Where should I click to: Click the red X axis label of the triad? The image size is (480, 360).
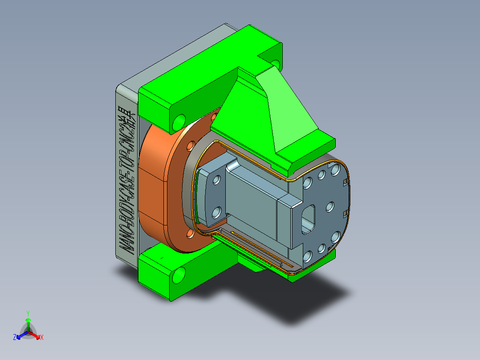coord(42,338)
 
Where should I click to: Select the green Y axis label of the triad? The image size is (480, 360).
coord(28,313)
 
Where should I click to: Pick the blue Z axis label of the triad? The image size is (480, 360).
coord(15,337)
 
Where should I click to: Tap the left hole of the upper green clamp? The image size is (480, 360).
coord(179,121)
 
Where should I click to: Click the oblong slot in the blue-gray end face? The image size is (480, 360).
coord(308,218)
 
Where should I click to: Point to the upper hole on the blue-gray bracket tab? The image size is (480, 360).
coord(217,180)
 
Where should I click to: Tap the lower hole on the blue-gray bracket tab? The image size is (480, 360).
coord(216,212)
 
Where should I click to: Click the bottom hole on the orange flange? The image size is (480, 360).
coord(190,233)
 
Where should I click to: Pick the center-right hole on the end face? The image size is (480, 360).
coord(330,207)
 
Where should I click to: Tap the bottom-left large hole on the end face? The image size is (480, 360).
coord(307,256)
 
